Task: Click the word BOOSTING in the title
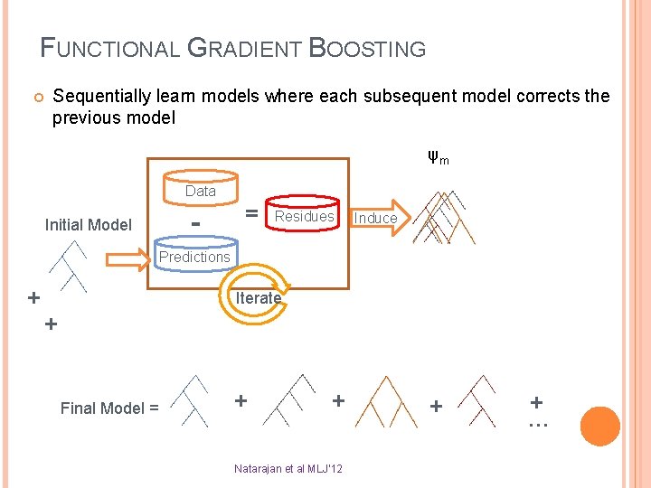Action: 367,48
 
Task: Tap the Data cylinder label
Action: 200,191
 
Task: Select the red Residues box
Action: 304,217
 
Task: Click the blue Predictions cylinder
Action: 194,257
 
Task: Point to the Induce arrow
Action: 375,218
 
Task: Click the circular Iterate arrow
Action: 258,299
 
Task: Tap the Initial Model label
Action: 89,225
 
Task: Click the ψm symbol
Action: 439,159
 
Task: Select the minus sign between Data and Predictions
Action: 195,221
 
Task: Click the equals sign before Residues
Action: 252,213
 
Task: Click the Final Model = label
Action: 109,408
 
